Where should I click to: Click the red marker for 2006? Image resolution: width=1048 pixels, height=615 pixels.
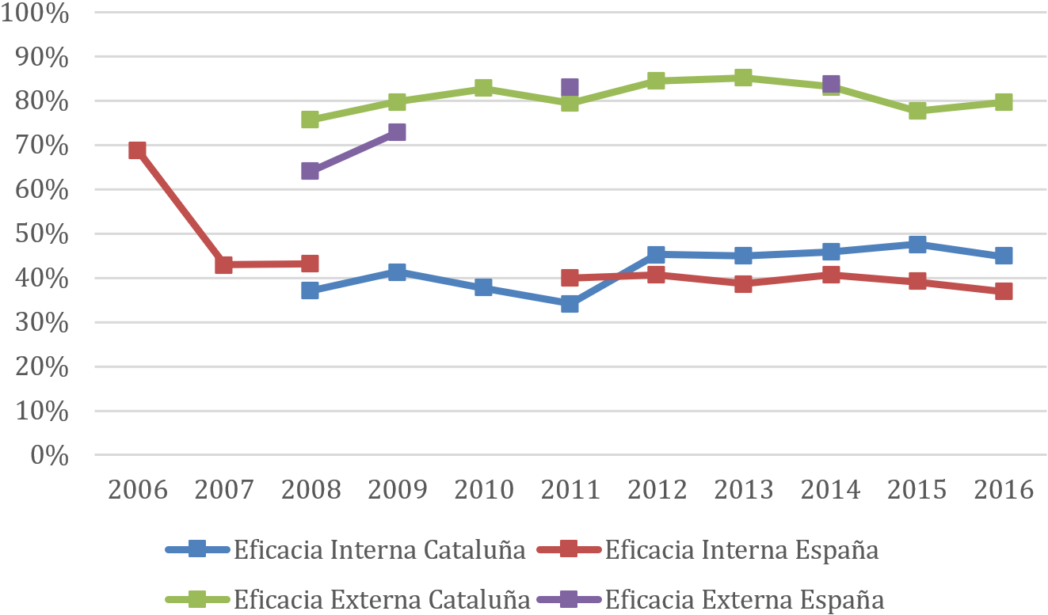(137, 150)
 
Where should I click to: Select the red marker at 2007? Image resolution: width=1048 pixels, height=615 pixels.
(223, 265)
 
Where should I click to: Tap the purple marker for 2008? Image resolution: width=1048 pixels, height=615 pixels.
(310, 171)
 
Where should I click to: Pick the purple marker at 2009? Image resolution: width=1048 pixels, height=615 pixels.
(397, 132)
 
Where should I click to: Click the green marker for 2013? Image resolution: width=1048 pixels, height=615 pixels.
(743, 78)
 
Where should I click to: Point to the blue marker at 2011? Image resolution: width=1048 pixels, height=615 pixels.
(570, 304)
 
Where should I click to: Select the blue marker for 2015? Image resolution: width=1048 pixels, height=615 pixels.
(917, 245)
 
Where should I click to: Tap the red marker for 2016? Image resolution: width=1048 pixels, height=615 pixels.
(1004, 291)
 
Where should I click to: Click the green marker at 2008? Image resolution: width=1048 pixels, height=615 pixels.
(310, 120)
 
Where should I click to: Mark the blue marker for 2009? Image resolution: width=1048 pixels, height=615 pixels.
(397, 272)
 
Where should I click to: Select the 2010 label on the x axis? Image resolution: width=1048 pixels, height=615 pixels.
(483, 490)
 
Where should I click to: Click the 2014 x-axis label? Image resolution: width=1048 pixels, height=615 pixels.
(830, 490)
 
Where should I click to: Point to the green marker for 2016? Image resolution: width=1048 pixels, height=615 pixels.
(1004, 102)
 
